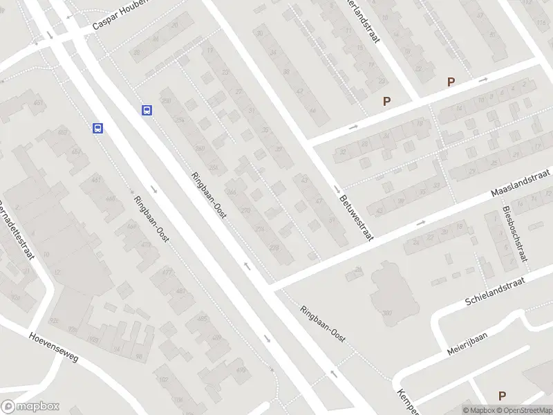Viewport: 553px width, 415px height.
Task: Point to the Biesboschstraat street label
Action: point(516,235)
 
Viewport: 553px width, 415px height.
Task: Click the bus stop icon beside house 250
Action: point(147,110)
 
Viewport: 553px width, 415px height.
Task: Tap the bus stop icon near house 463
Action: point(98,128)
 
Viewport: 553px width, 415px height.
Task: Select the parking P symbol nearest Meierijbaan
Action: point(503,396)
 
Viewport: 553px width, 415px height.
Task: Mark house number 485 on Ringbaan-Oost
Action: point(202,318)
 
